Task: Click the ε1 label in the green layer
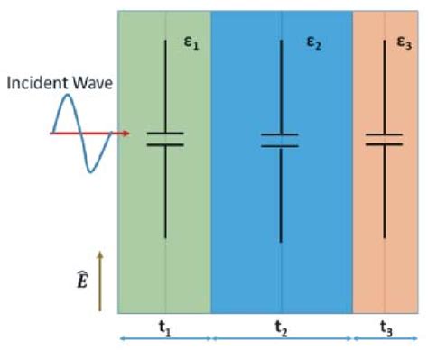pos(191,43)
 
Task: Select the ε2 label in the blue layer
pos(313,43)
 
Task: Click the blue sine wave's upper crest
pos(67,106)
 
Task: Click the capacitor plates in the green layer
pos(164,139)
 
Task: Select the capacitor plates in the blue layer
pos(280,139)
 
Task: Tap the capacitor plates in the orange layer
pos(384,139)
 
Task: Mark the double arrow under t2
pos(281,340)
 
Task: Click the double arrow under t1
pos(165,340)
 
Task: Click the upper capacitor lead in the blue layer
pos(280,86)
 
